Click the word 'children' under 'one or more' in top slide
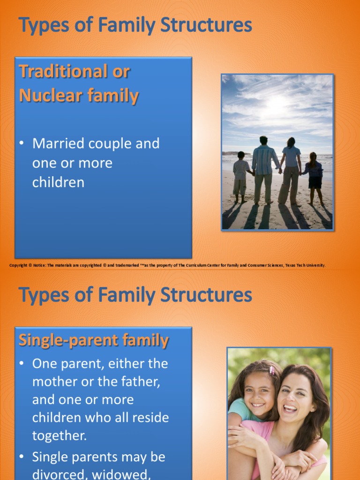click(x=58, y=182)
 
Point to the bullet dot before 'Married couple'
click(x=22, y=143)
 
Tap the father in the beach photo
click(x=264, y=169)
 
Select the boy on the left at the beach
click(x=241, y=176)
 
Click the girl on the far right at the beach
click(x=313, y=177)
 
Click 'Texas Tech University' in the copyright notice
click(x=305, y=265)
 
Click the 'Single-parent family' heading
click(x=93, y=340)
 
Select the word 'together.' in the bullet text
click(x=60, y=435)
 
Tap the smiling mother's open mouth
click(x=290, y=408)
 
